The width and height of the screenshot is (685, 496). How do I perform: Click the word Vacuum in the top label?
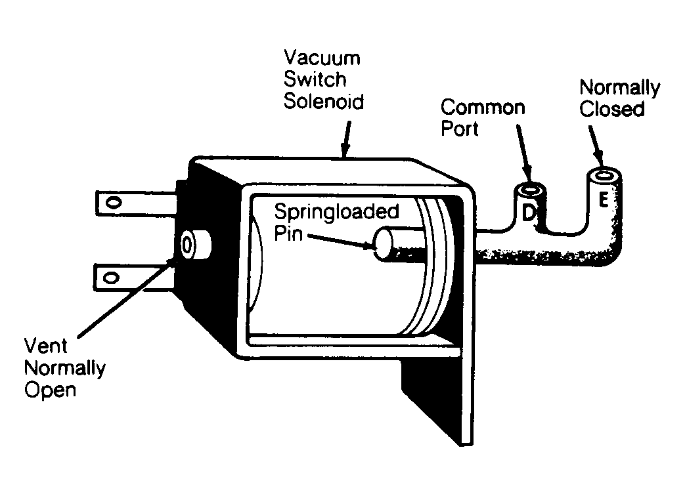pos(322,58)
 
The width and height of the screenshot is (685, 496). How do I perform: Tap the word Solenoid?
pos(324,101)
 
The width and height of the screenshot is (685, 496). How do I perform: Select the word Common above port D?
pos(483,108)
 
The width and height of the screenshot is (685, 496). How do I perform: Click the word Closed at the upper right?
pos(612,109)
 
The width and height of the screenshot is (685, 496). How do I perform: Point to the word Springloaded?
pos(337,213)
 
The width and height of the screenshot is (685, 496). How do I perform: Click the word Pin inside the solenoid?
pos(288,233)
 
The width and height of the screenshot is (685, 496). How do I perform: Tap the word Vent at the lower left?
pos(45,346)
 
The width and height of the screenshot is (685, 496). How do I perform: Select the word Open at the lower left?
pos(50,390)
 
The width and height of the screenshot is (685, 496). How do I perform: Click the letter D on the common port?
pos(528,213)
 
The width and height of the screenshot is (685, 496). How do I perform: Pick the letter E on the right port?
pos(604,200)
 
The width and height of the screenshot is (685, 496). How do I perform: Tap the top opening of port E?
pos(604,175)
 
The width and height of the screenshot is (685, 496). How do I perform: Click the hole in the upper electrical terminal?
pos(114,203)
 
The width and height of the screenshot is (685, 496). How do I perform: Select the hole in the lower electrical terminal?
pos(111,278)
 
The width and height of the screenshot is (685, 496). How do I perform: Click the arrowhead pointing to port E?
pos(598,157)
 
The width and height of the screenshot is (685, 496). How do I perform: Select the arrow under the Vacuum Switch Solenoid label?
pos(346,138)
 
